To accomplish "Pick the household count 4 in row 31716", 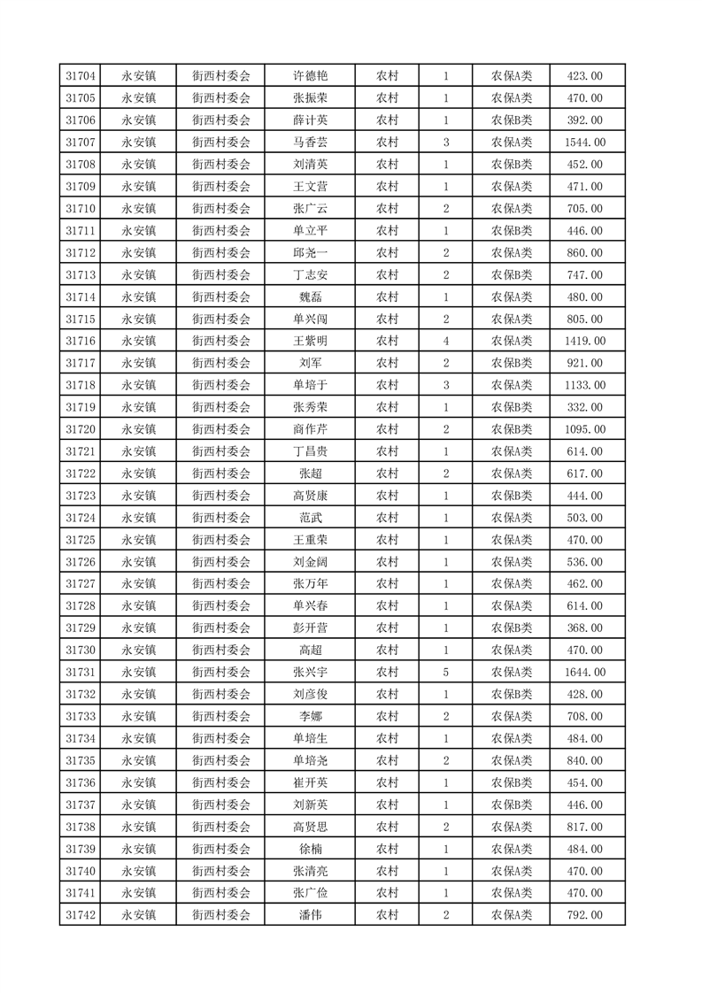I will pyautogui.click(x=445, y=341).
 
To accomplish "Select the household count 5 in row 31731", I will pyautogui.click(x=445, y=673).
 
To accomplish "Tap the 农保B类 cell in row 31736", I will pyautogui.click(x=511, y=782).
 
